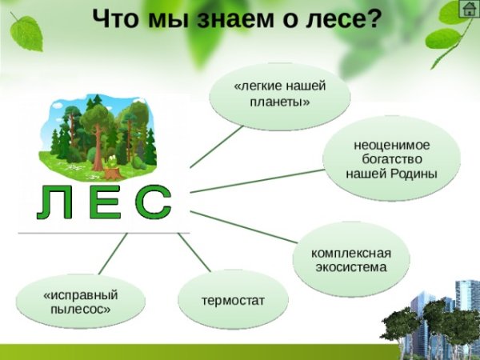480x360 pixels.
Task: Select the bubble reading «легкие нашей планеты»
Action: (279, 94)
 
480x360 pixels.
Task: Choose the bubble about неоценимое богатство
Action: (391, 158)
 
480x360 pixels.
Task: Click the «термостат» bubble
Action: (233, 300)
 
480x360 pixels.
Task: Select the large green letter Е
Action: (103, 204)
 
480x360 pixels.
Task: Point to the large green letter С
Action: (151, 204)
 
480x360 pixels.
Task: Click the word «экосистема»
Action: (351, 267)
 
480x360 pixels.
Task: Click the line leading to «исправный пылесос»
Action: (112, 254)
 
